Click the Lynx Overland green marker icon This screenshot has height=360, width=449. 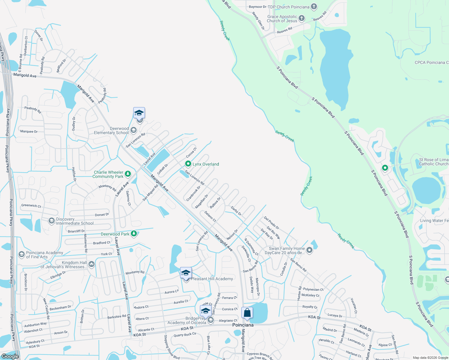coord(188,164)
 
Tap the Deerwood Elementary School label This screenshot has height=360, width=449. coord(111,131)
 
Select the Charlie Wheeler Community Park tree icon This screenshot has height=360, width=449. coord(128,174)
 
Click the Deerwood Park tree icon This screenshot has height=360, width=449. coord(134,234)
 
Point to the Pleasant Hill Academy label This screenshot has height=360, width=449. coord(212,279)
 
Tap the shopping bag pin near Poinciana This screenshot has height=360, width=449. coord(247,313)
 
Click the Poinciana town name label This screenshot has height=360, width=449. coord(243,325)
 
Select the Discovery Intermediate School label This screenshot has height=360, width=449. coord(75,221)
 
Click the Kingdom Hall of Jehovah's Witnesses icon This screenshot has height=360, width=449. coord(92,264)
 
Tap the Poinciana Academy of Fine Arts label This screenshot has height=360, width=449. coord(44,255)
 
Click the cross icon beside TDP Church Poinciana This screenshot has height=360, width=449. coord(314,7)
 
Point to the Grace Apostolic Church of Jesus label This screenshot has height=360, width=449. coord(282,19)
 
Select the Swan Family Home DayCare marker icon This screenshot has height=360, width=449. coord(309,250)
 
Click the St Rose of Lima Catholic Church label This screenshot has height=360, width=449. coord(434,162)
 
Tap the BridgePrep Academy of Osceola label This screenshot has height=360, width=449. coord(187,320)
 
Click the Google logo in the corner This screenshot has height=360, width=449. coord(10,356)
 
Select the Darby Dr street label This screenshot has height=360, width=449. coord(236,211)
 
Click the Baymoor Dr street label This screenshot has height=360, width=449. coord(258,7)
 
